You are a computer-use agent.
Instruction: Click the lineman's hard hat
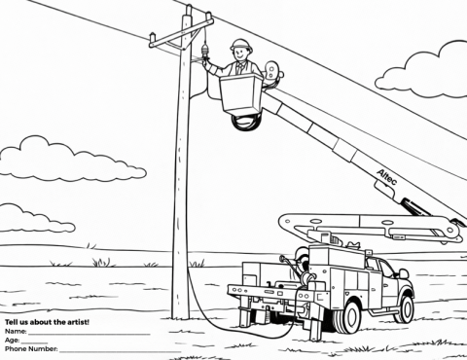pos(240,44)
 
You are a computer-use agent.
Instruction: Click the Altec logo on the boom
pos(388,174)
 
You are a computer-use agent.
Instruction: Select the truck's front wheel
pos(403,307)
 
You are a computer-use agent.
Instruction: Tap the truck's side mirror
pos(403,274)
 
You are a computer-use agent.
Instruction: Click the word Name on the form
pos(15,331)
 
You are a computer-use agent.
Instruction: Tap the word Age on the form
pos(12,340)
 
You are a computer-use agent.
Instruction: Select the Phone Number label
pos(31,348)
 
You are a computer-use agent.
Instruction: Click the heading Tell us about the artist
pos(47,321)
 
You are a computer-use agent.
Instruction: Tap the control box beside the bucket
pos(271,72)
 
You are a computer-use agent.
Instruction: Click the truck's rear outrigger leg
pos(314,326)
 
